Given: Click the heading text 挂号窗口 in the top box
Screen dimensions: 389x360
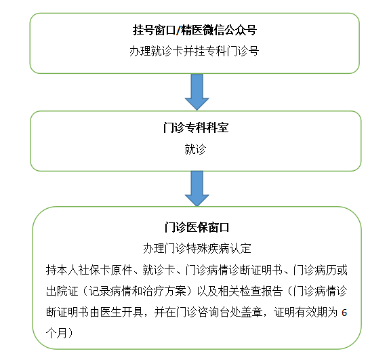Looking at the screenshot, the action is pyautogui.click(x=154, y=31).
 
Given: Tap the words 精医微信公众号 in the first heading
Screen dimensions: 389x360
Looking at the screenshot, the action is pyautogui.click(x=219, y=31).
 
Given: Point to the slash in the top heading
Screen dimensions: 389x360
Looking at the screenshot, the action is pyautogui.click(x=178, y=31).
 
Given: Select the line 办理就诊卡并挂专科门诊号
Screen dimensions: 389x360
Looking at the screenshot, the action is pyautogui.click(x=194, y=52).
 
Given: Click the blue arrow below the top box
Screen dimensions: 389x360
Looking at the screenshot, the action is pyautogui.click(x=197, y=92).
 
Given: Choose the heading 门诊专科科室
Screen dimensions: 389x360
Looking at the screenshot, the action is pyautogui.click(x=196, y=127).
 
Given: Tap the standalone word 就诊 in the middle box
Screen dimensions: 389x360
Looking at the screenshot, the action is pyautogui.click(x=195, y=149).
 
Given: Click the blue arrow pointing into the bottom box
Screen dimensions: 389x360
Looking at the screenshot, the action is pyautogui.click(x=197, y=188).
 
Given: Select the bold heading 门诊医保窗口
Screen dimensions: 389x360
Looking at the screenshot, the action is pyautogui.click(x=197, y=227).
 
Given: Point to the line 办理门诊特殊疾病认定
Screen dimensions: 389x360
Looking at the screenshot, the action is pyautogui.click(x=197, y=248).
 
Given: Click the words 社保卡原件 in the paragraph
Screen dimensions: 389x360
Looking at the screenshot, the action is pyautogui.click(x=105, y=270).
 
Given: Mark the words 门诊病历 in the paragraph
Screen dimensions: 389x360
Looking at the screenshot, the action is pyautogui.click(x=314, y=270).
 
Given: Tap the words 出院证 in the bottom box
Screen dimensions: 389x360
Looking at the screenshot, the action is pyautogui.click(x=62, y=291).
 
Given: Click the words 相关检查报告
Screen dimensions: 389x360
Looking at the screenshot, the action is pyautogui.click(x=250, y=291).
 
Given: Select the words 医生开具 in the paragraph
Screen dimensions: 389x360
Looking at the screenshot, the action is pyautogui.click(x=121, y=312).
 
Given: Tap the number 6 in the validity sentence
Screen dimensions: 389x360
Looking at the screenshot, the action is pyautogui.click(x=344, y=313).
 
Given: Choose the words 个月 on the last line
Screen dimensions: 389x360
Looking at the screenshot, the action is pyautogui.click(x=56, y=333).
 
